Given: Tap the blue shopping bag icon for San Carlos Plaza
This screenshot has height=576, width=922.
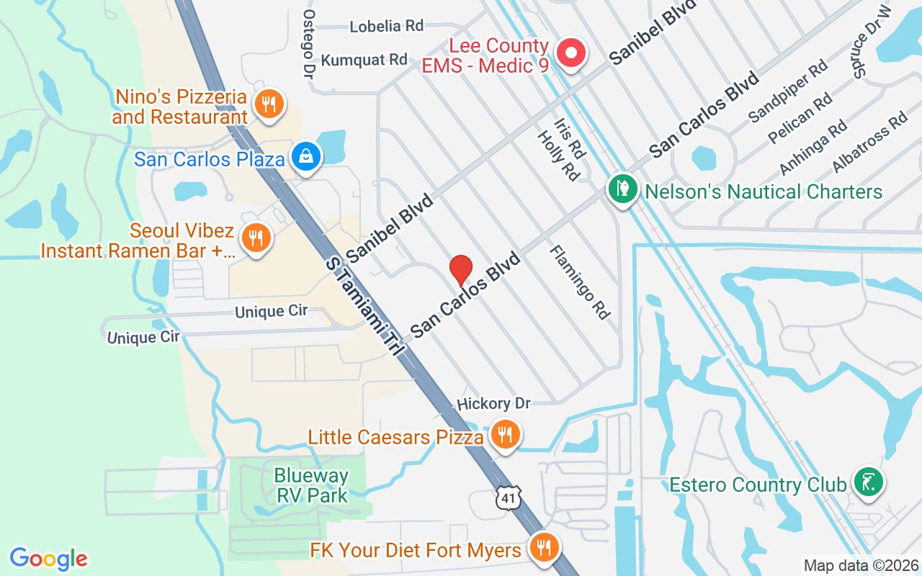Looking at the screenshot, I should click(x=306, y=156).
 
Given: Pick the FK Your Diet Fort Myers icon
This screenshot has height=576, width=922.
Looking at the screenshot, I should click(x=544, y=549).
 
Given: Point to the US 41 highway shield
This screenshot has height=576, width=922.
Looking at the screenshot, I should click(x=508, y=498).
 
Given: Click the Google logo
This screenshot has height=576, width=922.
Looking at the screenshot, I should click(x=49, y=559).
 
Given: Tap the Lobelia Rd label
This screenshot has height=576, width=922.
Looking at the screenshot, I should click(x=386, y=26).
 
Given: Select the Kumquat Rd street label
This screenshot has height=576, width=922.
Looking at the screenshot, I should click(x=364, y=60).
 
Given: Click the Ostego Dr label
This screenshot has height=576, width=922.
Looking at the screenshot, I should click(x=309, y=43).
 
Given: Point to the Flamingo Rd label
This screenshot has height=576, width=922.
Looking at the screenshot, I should click(x=581, y=282).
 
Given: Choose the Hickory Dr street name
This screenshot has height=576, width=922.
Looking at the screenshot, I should click(x=493, y=404).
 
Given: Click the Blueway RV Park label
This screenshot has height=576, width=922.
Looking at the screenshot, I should click(x=311, y=485).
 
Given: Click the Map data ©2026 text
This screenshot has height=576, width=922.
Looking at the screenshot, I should click(x=861, y=565).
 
